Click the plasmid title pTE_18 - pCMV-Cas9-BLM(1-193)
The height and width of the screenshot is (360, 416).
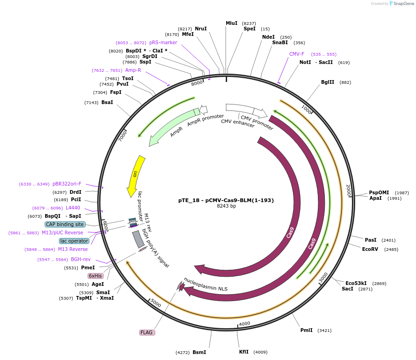[226, 200]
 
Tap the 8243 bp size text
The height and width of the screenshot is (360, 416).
[226, 206]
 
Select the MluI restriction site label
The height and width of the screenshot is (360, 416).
[231, 23]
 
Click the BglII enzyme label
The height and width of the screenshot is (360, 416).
[328, 82]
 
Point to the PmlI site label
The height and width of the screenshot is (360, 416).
[306, 330]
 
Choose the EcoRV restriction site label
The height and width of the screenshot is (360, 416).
[370, 249]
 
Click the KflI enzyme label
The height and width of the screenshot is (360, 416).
[244, 352]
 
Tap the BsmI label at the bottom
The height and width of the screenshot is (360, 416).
[199, 352]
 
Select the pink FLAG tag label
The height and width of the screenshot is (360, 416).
[147, 332]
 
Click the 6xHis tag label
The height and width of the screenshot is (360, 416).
[95, 276]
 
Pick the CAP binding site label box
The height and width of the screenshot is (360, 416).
[65, 224]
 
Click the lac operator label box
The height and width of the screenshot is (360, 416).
[74, 241]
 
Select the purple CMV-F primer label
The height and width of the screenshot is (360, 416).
[297, 54]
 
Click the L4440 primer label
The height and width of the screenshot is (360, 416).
[73, 208]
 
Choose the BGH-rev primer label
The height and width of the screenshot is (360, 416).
[81, 259]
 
